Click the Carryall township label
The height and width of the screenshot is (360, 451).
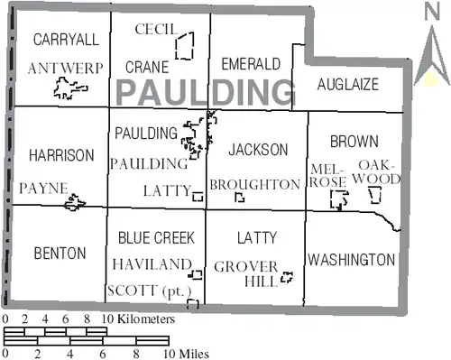(66, 40)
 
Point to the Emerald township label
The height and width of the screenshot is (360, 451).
(251, 64)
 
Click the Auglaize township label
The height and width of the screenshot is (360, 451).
(348, 84)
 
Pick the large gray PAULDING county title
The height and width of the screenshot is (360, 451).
(206, 92)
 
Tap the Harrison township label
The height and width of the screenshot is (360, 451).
(61, 155)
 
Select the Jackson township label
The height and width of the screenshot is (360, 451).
(258, 150)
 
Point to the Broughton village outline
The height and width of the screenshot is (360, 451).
(236, 198)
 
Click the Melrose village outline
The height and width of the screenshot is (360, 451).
(331, 199)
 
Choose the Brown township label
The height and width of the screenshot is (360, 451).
(354, 142)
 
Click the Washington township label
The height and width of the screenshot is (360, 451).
(351, 260)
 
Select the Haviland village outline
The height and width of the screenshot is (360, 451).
(197, 271)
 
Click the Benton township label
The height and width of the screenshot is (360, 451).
(60, 254)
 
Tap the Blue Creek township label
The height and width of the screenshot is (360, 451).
(156, 237)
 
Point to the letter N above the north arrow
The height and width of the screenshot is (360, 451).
(432, 12)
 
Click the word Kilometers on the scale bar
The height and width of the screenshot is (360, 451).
(146, 318)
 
